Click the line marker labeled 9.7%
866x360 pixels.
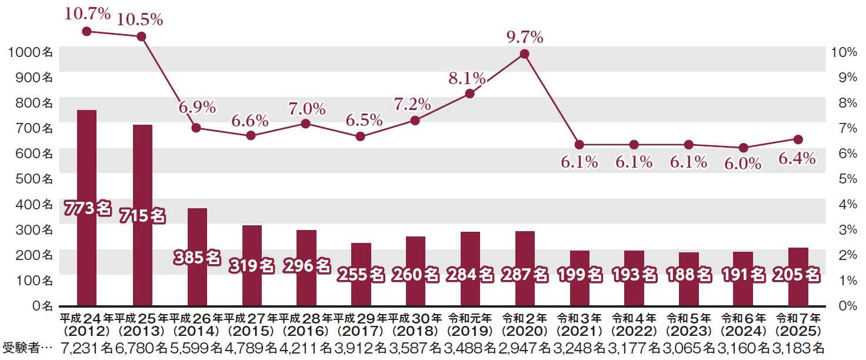point(525,54)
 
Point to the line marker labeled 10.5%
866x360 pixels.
point(141,36)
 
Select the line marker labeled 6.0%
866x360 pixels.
point(744,148)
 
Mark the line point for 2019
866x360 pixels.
point(469,93)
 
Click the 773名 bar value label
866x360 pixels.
point(88,207)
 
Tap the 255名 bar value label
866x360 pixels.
point(361,274)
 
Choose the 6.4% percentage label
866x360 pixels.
point(797,158)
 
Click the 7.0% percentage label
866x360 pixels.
point(307,108)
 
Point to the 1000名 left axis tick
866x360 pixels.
point(31,52)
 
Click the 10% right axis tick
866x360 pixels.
point(843,52)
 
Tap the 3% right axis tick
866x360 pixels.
point(843,229)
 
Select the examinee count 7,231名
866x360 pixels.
point(87,348)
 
